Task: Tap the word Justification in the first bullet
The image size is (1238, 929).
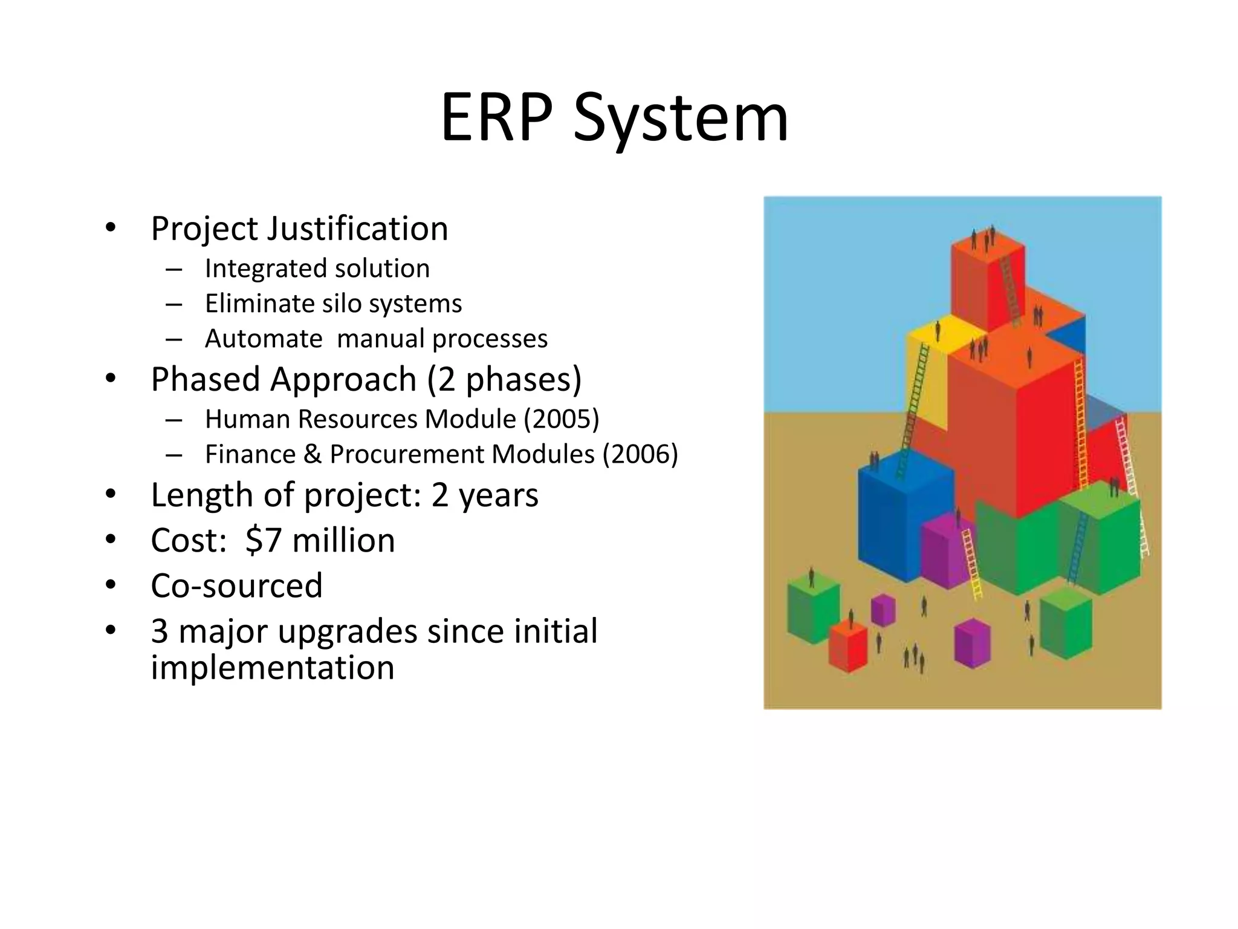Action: [x=357, y=229]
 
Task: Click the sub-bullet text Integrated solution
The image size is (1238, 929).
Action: [x=317, y=269]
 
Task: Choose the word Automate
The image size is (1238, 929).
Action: [x=264, y=339]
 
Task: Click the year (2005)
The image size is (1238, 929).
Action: [x=562, y=419]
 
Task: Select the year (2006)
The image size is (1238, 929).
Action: [x=640, y=454]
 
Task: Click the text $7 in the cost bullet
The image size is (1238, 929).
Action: [x=263, y=540]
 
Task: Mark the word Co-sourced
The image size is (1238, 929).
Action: [x=236, y=585]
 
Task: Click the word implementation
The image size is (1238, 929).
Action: [x=272, y=668]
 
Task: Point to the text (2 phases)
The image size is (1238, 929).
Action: [x=504, y=380]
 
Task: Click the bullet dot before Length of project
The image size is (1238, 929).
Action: [x=110, y=495]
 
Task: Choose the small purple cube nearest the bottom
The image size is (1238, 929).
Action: [x=972, y=644]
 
